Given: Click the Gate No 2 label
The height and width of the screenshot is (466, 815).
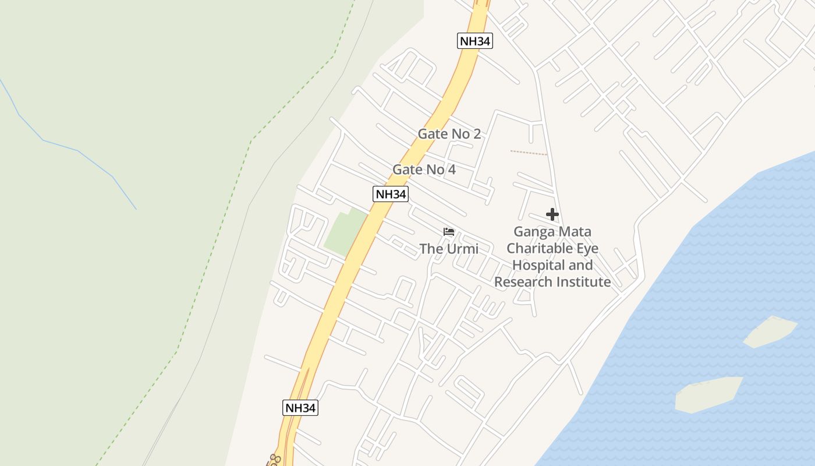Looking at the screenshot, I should coord(449,134).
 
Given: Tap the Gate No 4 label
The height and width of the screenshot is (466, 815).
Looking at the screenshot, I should coord(424,170).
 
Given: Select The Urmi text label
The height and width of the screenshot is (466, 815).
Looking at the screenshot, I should coord(449,249).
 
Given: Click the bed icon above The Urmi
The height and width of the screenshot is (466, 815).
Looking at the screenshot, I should coord(448,232).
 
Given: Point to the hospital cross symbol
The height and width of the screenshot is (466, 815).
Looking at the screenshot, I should coord(552,215).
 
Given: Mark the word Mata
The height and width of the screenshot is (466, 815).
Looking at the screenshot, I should coord(573,232).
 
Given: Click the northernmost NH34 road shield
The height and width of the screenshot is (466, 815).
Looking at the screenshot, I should coord(475,41).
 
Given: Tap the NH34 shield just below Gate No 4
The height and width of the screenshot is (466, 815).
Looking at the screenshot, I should coord(390,194).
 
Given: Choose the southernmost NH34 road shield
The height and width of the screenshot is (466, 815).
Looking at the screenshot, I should coord(300,407).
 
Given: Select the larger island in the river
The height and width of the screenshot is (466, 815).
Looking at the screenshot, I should coord(708,394).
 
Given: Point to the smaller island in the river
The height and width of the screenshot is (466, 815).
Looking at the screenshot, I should coord(770,331).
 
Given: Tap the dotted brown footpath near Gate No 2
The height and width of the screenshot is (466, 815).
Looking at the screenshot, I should coord(528,153).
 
